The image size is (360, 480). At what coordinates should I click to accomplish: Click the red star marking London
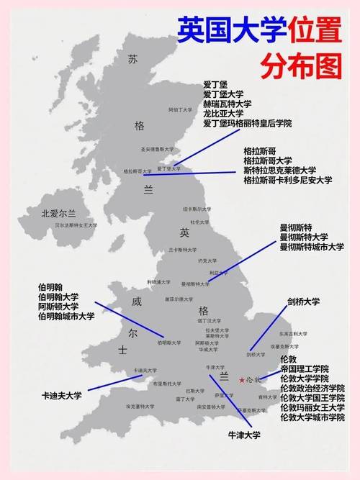241,379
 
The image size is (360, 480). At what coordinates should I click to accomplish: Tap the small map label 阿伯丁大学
181,110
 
